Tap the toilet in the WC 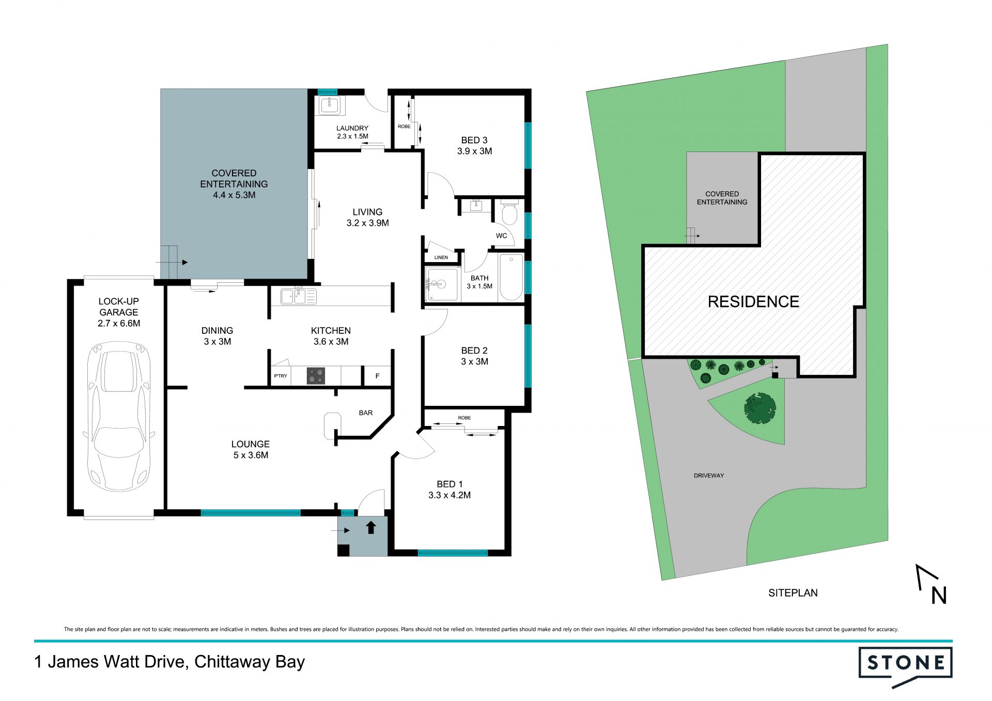click(x=509, y=213)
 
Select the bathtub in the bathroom click(x=511, y=277)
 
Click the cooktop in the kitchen click(x=316, y=375)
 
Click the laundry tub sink click(x=329, y=105)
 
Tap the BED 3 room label click(x=474, y=140)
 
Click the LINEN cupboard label click(x=441, y=257)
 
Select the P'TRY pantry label click(x=281, y=376)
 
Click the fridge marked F click(x=377, y=376)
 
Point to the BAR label click(x=366, y=413)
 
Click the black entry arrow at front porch click(x=371, y=527)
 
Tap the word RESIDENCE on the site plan click(x=753, y=302)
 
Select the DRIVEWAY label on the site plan click(x=709, y=476)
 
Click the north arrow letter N click(x=939, y=596)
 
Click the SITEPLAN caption click(x=793, y=593)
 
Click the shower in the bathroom click(x=441, y=284)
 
